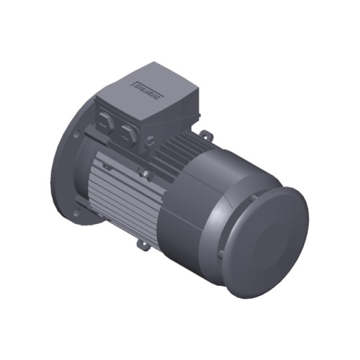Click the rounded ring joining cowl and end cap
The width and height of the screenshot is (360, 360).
[x=241, y=230]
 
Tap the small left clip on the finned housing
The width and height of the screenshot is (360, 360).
[x=107, y=166]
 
